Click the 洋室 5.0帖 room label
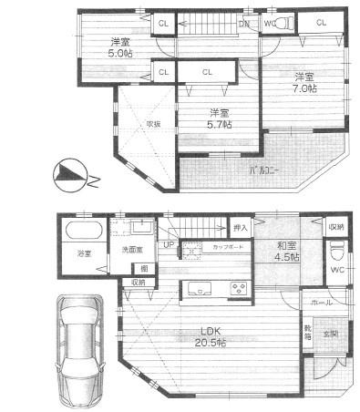click(x=120, y=48)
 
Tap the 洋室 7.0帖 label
click(x=305, y=82)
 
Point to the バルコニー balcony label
click(x=264, y=170)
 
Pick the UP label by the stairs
click(x=169, y=245)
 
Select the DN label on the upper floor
click(x=243, y=24)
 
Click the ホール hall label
click(x=323, y=301)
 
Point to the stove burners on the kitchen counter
click(x=242, y=290)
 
